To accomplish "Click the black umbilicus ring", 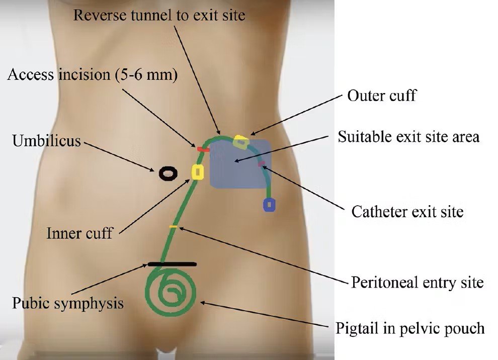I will coord(169,173).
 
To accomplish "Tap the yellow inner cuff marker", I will coord(198,172).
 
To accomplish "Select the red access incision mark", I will coord(203,149).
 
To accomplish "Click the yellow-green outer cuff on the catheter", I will coord(241,141).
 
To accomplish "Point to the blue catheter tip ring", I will coord(270,205).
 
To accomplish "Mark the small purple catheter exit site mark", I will coord(261,163).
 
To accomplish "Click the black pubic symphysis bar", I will coord(172,263).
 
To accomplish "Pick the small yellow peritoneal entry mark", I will coord(173,227).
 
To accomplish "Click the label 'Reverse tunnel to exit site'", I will coord(159,15).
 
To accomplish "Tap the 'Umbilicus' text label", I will coord(46,140).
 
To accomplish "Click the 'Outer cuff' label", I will coord(382,95).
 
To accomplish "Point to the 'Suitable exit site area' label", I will coord(408,136).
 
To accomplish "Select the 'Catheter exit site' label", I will coord(407,211).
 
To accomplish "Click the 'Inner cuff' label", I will coord(79,233).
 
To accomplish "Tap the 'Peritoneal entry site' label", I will coord(417,282).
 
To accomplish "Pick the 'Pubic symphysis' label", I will coord(67,304).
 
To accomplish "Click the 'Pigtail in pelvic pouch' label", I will coord(410,328).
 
